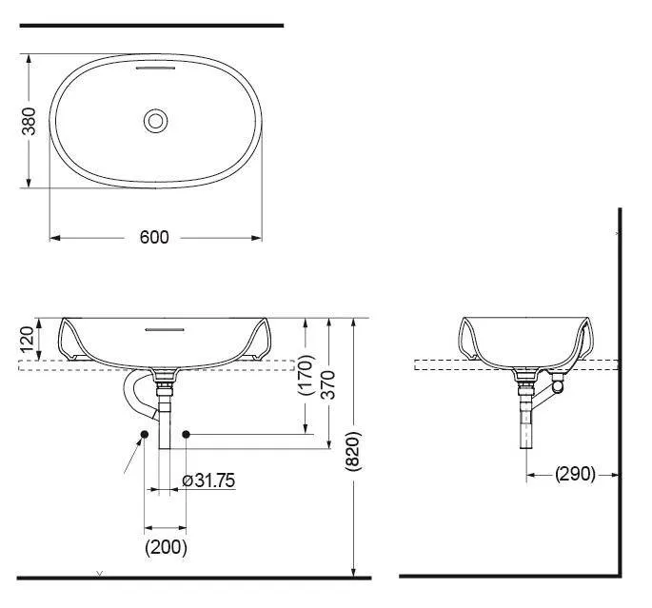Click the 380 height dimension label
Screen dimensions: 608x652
pos(30,121)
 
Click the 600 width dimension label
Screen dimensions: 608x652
pos(154,237)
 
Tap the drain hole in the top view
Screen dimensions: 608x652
pos(156,121)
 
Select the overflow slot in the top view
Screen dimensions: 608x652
pos(156,69)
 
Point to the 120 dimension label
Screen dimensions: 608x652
pos(28,339)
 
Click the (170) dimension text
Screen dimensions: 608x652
pos(305,375)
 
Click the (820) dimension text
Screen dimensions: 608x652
pos(354,448)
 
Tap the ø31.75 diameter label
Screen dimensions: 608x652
pos(207,481)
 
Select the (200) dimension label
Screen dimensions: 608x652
pos(166,547)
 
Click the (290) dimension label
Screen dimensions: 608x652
pos(575,473)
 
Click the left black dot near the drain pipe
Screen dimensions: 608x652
pos(143,435)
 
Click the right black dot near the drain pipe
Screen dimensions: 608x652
pos(187,435)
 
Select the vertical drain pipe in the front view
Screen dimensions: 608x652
pos(166,419)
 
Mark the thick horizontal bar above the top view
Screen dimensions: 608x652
pos(151,26)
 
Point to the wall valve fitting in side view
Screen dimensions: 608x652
pos(558,386)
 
